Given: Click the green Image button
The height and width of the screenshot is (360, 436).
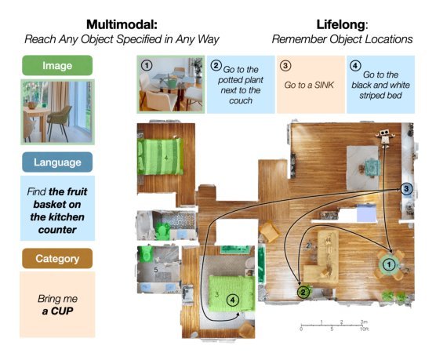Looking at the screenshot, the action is [57, 66].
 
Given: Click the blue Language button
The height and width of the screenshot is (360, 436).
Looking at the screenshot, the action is [57, 162].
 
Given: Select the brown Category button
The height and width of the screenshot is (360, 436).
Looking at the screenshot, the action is [57, 259].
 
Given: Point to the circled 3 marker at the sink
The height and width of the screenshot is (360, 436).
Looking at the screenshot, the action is [406, 189].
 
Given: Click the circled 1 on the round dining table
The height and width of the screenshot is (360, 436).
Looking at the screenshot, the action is [389, 264].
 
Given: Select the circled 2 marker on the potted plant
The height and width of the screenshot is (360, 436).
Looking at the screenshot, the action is [303, 292].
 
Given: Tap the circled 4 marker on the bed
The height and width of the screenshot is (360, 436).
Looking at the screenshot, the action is [232, 300].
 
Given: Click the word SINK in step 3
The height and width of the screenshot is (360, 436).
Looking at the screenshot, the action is [323, 85].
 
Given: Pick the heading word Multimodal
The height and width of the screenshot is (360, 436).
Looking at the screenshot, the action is [122, 24].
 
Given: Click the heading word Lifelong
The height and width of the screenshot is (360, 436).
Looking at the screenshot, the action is [340, 24].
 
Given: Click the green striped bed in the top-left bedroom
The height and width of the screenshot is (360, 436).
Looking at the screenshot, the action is [161, 156].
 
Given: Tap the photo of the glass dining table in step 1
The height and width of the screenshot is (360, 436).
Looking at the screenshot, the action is [171, 84].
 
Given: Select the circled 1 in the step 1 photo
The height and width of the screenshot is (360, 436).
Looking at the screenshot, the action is [147, 66].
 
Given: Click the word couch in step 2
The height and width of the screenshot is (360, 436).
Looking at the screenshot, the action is [241, 100].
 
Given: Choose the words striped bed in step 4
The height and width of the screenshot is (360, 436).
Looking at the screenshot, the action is [380, 96].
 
